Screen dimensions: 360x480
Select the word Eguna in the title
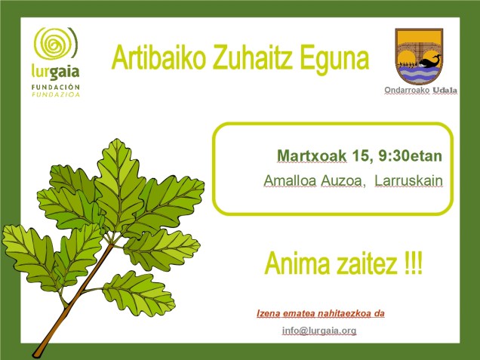[x=333, y=58]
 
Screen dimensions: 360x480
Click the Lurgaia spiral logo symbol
[x=56, y=45]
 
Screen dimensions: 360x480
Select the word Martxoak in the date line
[x=312, y=156]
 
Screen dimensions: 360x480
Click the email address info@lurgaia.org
[x=319, y=331]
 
